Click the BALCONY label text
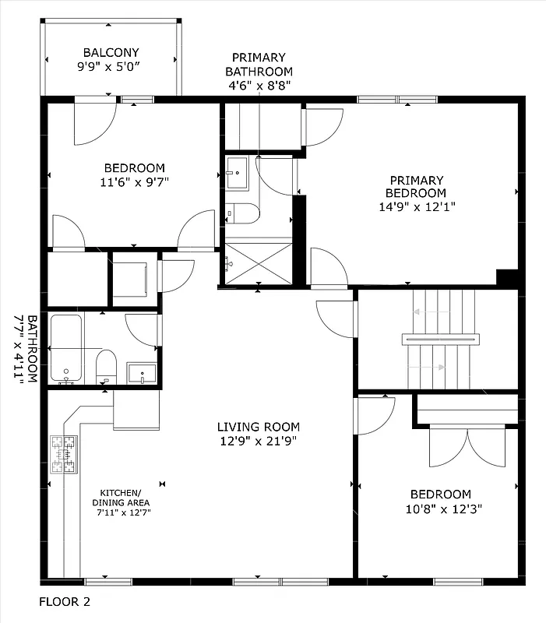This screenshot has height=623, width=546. pyautogui.click(x=111, y=53)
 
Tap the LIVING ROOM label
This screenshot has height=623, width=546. pyautogui.click(x=258, y=427)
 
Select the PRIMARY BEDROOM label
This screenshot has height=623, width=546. pyautogui.click(x=412, y=187)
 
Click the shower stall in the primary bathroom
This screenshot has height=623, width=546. pyautogui.click(x=259, y=264)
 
